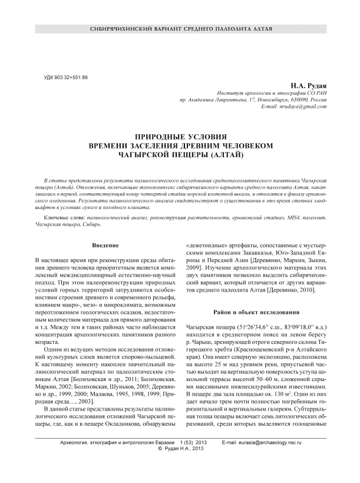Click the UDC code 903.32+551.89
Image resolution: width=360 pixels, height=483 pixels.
tap(66, 78)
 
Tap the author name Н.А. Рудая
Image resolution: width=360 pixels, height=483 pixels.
tap(308, 86)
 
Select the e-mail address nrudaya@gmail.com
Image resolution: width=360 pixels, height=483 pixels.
tap(302, 106)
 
